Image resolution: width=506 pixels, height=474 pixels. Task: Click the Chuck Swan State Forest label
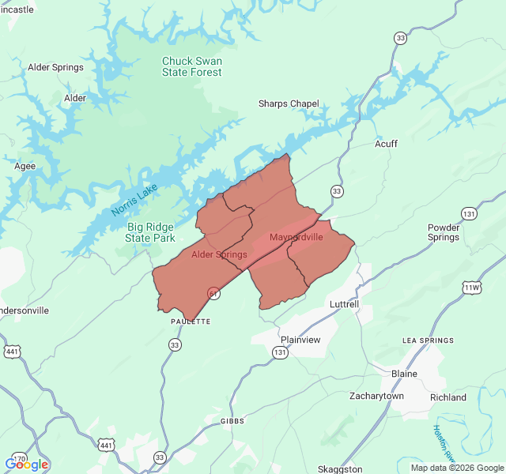pyautogui.click(x=192, y=66)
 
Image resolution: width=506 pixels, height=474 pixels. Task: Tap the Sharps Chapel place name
pyautogui.click(x=289, y=103)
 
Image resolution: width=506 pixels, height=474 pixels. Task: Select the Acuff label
pyautogui.click(x=386, y=144)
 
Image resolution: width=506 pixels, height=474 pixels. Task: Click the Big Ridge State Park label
pyautogui.click(x=151, y=232)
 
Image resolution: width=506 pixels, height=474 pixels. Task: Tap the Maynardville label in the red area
pyautogui.click(x=296, y=238)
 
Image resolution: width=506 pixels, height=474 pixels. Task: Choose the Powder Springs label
pyautogui.click(x=444, y=232)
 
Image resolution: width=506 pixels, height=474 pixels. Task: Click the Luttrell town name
pyautogui.click(x=343, y=303)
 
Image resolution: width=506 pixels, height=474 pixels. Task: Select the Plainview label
pyautogui.click(x=300, y=340)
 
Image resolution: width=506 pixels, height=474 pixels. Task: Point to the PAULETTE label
pyautogui.click(x=191, y=322)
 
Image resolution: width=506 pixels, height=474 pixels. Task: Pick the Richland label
pyautogui.click(x=448, y=397)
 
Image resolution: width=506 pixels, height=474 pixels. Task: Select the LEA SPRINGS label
pyautogui.click(x=428, y=340)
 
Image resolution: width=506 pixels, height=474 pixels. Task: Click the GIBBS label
pyautogui.click(x=232, y=421)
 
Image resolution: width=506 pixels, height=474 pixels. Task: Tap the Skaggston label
pyautogui.click(x=339, y=469)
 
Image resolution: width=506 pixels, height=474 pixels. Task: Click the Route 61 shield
pyautogui.click(x=214, y=293)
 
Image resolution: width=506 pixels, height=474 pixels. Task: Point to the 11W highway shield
pyautogui.click(x=472, y=288)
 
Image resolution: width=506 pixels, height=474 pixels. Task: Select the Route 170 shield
pyautogui.click(x=21, y=459)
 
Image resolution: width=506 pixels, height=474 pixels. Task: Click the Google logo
pyautogui.click(x=27, y=465)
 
